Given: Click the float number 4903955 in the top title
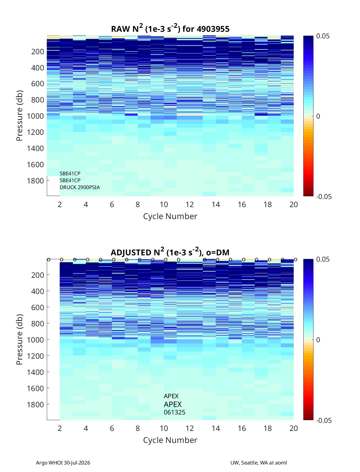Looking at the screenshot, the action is click(213, 29).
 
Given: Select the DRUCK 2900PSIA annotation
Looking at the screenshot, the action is click(79, 187).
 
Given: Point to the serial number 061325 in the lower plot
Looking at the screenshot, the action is click(174, 412).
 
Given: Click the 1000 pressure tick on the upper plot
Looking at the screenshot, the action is click(35, 116).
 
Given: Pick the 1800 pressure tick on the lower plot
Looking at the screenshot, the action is click(35, 405).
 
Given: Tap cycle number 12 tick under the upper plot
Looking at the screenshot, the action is click(190, 204).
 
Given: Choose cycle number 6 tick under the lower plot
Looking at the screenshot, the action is click(112, 428).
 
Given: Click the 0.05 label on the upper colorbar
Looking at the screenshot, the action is click(323, 36).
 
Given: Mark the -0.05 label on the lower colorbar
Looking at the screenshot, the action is click(324, 420).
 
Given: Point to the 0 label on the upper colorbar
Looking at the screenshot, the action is click(318, 116).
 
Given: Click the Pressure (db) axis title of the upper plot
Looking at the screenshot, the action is click(19, 116).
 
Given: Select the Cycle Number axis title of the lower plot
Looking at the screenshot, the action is click(170, 440).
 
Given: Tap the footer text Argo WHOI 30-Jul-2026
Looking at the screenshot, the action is click(63, 463).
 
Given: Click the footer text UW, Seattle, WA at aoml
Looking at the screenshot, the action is click(258, 463).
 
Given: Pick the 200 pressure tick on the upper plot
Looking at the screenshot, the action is click(38, 52).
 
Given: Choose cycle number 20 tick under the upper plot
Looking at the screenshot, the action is click(293, 204).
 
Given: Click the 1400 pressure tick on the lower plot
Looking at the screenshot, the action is click(35, 372).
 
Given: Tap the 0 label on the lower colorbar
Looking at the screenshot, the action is click(318, 340).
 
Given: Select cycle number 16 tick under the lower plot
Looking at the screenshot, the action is click(241, 428).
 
